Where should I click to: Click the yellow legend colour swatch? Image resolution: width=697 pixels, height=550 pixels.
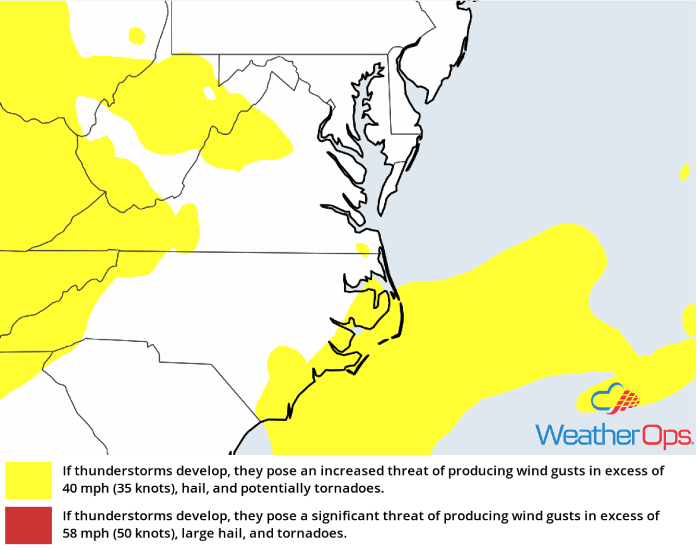click(28, 480)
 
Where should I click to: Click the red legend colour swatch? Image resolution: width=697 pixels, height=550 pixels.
click(28, 525)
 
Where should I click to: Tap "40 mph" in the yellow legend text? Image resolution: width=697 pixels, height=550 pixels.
click(81, 488)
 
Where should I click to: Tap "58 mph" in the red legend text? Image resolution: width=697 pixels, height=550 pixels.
click(81, 534)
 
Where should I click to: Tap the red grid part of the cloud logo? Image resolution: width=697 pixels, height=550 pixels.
click(627, 400)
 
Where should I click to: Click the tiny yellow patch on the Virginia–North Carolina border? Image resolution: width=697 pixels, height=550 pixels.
click(362, 249)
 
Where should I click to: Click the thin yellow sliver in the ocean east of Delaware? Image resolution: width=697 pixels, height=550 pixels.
click(684, 172)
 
